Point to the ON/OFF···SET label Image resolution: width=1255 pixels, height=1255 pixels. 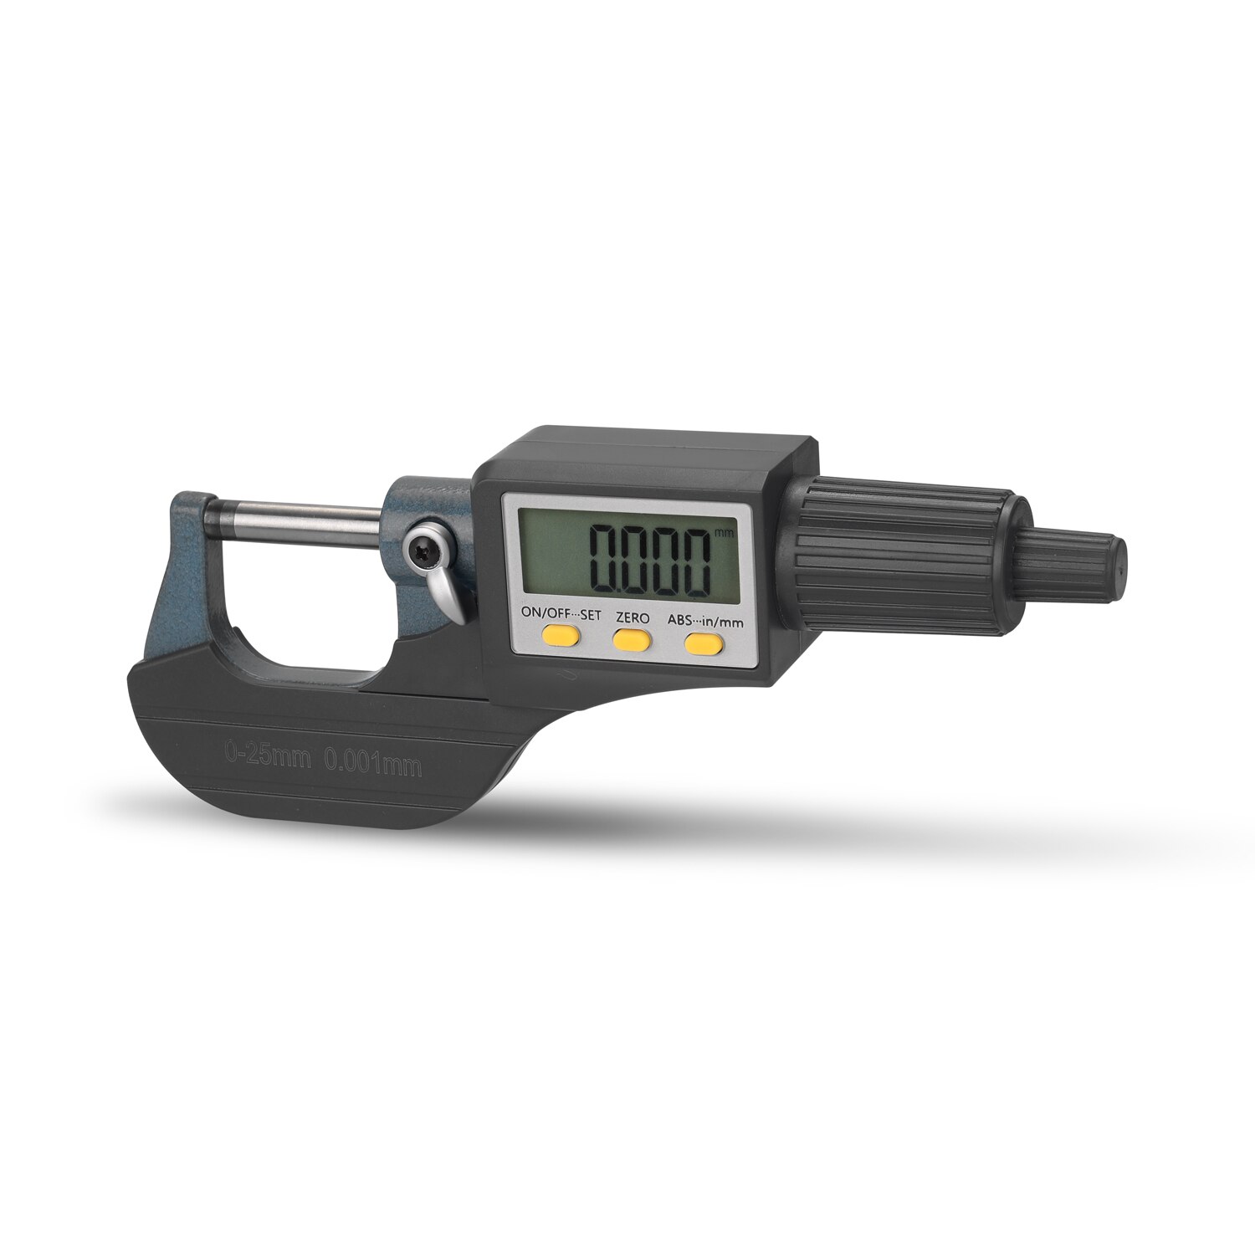tap(561, 613)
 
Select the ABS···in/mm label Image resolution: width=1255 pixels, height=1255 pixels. tap(705, 620)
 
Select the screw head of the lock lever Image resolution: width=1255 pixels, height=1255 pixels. tap(422, 548)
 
